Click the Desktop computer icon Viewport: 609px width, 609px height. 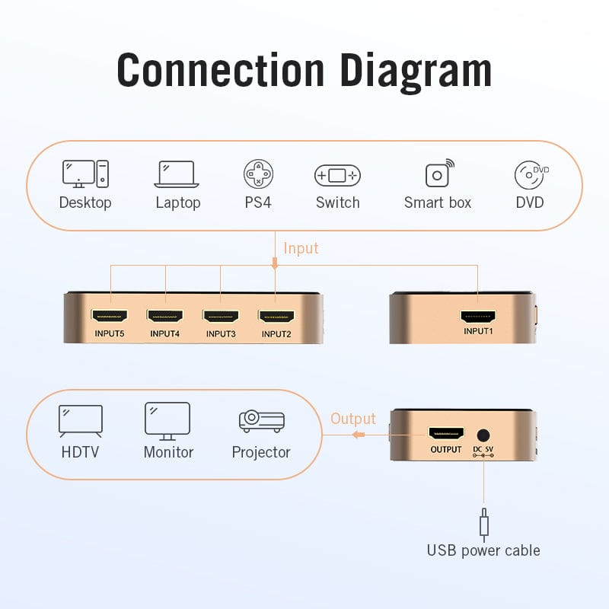[x=85, y=174]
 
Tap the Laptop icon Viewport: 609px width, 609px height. [x=177, y=174]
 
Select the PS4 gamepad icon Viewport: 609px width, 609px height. [x=259, y=174]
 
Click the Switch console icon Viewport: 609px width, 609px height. [x=337, y=176]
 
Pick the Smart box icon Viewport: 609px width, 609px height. [x=438, y=174]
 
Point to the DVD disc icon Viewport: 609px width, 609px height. [x=531, y=175]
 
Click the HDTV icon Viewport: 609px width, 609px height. [x=81, y=420]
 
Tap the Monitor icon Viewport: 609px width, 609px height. [x=167, y=420]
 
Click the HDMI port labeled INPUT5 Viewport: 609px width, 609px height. [x=110, y=315]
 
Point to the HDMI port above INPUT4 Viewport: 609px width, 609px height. [x=166, y=315]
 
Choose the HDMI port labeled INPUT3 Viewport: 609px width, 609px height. [x=221, y=315]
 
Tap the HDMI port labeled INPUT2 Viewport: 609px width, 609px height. [x=276, y=315]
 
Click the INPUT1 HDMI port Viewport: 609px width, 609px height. [x=478, y=316]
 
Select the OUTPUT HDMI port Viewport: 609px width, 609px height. [x=446, y=435]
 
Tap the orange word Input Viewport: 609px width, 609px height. [x=301, y=248]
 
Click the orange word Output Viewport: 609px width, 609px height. [x=353, y=419]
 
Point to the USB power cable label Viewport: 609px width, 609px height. [x=483, y=550]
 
